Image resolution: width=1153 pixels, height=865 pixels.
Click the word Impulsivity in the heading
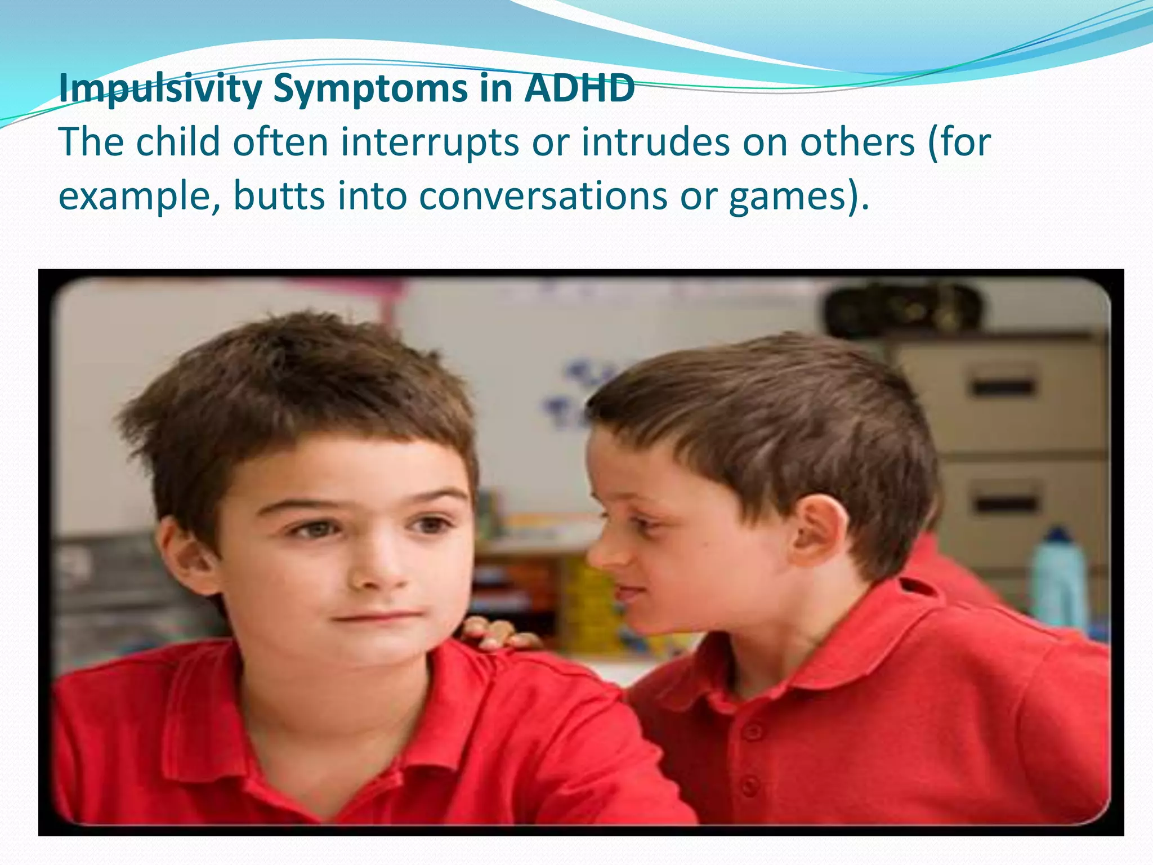[160, 89]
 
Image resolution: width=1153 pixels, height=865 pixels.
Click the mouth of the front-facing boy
[376, 617]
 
